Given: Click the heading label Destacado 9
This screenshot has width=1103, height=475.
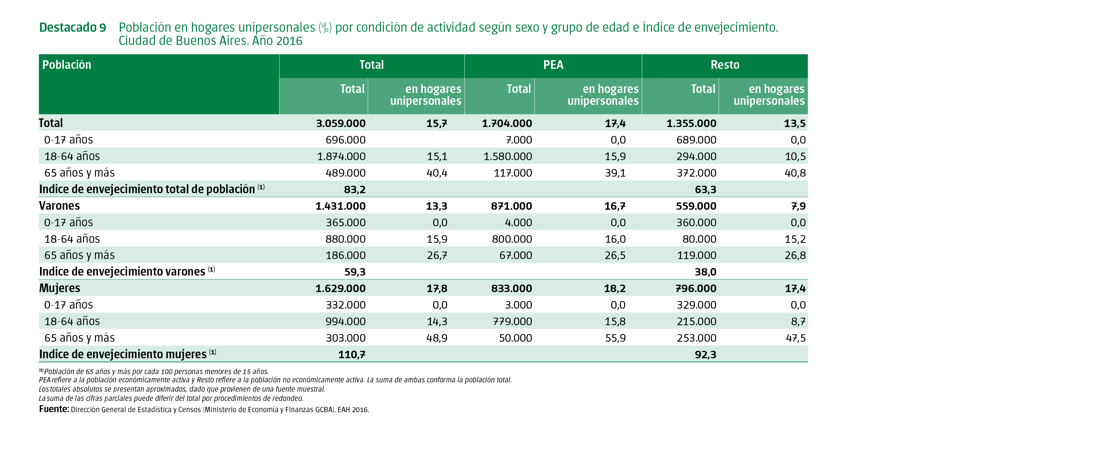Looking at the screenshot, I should tap(72, 28).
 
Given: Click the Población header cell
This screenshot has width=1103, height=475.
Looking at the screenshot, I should tap(67, 65).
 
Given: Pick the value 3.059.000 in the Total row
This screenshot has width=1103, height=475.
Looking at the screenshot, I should tap(341, 124).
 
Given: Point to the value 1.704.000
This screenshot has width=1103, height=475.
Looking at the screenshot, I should tap(507, 124).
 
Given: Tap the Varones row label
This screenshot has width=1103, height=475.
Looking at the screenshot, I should tap(60, 206).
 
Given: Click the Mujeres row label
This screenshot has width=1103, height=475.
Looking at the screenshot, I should tap(60, 288).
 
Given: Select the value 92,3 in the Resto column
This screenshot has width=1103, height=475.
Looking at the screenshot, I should tap(705, 355).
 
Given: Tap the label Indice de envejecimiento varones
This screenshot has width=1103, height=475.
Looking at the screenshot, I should tap(122, 272).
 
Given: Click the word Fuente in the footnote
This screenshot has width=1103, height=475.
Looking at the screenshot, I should tap(54, 409).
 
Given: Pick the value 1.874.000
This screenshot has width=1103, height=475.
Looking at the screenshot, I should tap(341, 156).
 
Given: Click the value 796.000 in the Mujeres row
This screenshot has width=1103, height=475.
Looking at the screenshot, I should tap(696, 288).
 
